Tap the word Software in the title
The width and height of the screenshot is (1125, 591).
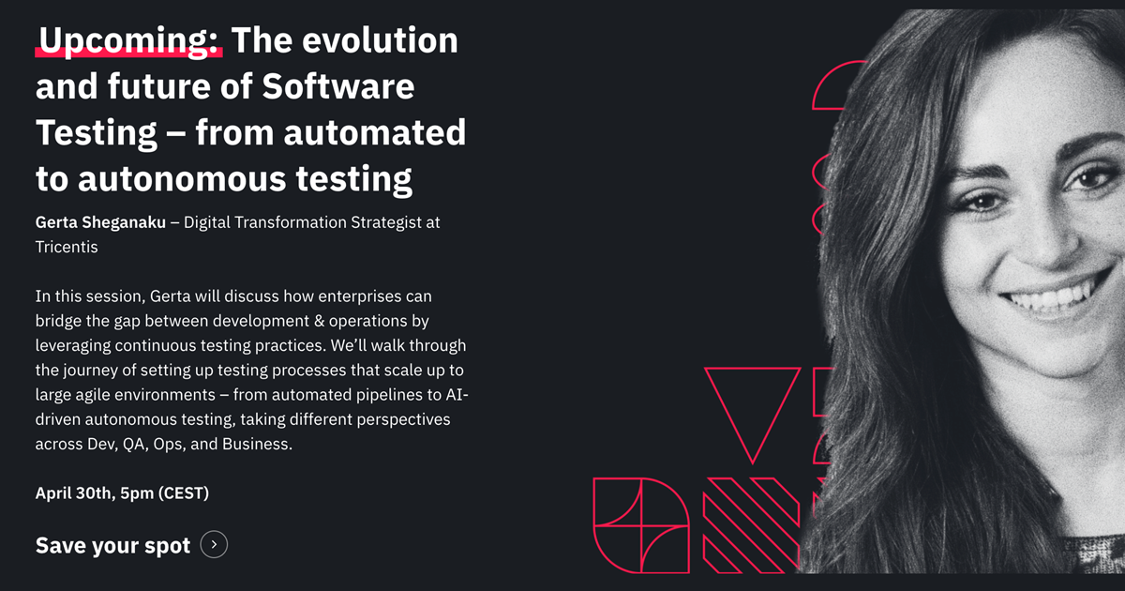(x=338, y=86)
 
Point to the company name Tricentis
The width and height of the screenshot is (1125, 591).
(x=67, y=248)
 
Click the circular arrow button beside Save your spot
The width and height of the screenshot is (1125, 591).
(x=214, y=544)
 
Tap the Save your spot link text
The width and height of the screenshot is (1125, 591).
(x=112, y=545)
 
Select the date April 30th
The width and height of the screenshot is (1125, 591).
(x=76, y=492)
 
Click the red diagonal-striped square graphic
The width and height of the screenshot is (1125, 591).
(x=751, y=525)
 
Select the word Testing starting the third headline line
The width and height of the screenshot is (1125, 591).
(x=97, y=131)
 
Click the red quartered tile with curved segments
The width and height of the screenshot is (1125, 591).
(x=640, y=525)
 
